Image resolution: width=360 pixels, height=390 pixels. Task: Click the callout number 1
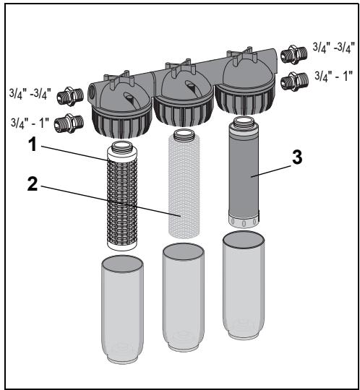pyautogui.click(x=33, y=144)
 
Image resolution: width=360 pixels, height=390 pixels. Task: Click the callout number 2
pyautogui.click(x=33, y=183)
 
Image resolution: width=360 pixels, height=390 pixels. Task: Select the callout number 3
pyautogui.click(x=297, y=157)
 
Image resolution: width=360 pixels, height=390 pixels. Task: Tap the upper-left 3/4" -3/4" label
pyautogui.click(x=30, y=94)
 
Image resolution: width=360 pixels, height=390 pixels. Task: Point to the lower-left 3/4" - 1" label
pyautogui.click(x=29, y=123)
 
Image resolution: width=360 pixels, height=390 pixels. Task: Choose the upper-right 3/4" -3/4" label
pyautogui.click(x=333, y=47)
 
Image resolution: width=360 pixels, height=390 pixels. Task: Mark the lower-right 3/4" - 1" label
pyautogui.click(x=334, y=76)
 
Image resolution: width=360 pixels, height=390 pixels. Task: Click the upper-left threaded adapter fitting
pyautogui.click(x=70, y=97)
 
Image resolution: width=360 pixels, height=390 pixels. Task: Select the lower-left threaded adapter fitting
pyautogui.click(x=69, y=123)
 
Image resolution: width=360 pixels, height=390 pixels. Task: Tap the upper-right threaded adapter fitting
pyautogui.click(x=293, y=55)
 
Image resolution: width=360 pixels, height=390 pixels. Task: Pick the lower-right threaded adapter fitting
pyautogui.click(x=294, y=82)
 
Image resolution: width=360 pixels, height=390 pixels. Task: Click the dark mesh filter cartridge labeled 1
pyautogui.click(x=122, y=196)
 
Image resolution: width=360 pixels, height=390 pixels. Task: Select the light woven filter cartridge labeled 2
pyautogui.click(x=184, y=183)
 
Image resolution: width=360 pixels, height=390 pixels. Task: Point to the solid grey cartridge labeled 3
pyautogui.click(x=244, y=172)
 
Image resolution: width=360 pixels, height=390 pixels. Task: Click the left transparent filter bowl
pyautogui.click(x=122, y=310)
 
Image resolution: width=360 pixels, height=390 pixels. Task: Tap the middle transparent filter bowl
pyautogui.click(x=184, y=298)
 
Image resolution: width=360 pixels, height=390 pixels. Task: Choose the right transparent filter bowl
pyautogui.click(x=244, y=285)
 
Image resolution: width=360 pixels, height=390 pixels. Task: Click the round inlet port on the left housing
pyautogui.click(x=91, y=90)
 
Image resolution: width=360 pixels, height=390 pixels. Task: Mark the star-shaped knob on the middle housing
pyautogui.click(x=181, y=66)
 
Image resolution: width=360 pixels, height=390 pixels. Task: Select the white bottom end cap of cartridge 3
pyautogui.click(x=244, y=222)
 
